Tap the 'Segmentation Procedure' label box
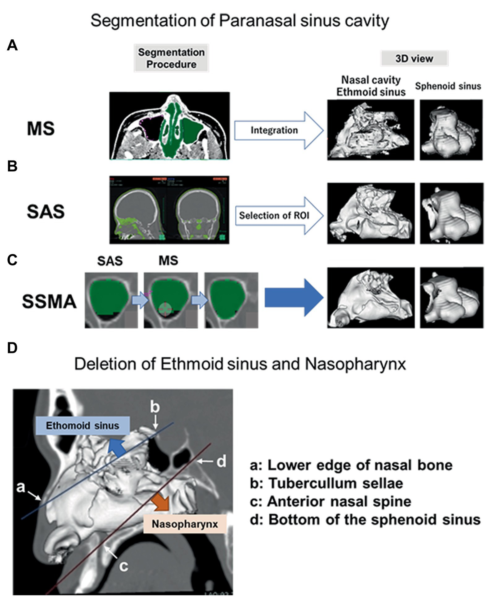pos(171,58)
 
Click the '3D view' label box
pos(414,58)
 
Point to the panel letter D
pos(12,347)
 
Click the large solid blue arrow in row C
pos(293,298)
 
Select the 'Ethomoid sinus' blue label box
pos(82,426)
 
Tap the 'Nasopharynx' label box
pos(185,524)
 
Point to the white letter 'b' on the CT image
pos(155,407)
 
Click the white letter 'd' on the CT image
pos(221,461)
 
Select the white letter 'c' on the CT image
pos(124,566)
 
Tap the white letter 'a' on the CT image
pos(20,486)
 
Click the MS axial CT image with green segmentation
pos(169,126)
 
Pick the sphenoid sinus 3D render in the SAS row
pos(451,213)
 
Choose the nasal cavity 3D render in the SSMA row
pos(371,297)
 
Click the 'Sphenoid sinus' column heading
pos(448,86)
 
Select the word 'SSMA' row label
pos(49,302)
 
